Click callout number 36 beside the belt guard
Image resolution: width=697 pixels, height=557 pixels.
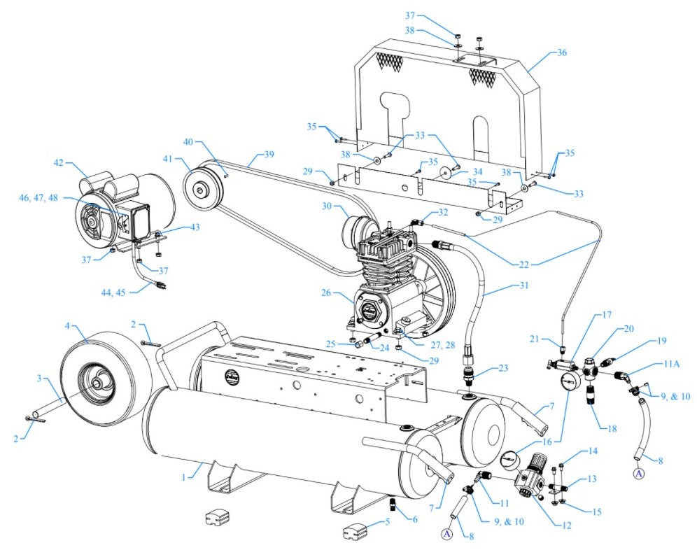point(561,52)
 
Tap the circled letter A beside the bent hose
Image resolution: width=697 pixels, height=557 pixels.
point(638,474)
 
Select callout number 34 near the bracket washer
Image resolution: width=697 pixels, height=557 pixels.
point(477,171)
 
